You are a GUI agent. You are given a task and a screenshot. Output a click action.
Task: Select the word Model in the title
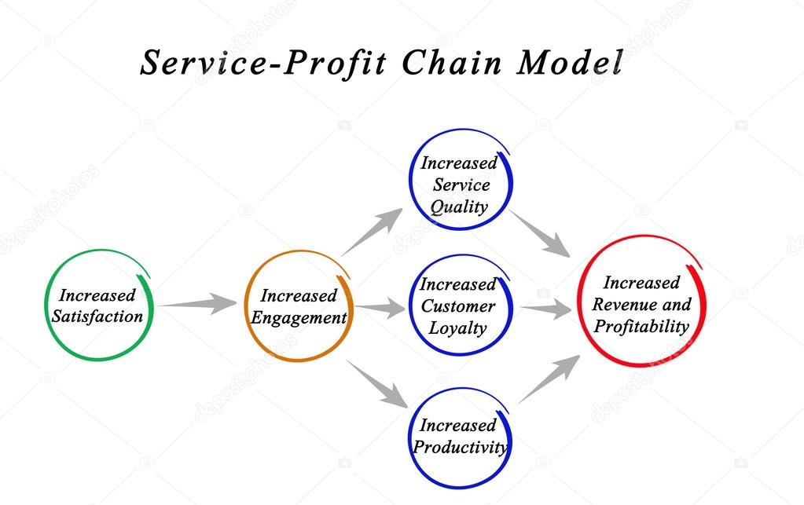[569, 63]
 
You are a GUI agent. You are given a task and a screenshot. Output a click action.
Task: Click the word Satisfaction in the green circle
[97, 317]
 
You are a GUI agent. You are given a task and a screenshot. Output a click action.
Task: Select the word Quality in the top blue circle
[458, 207]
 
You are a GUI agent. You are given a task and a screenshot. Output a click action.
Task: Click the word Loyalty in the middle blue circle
[457, 328]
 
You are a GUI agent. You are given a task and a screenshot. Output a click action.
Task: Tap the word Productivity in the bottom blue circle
[460, 448]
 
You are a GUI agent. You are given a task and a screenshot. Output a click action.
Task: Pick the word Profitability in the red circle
[641, 326]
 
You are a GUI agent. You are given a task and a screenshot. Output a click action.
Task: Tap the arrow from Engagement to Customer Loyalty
[380, 308]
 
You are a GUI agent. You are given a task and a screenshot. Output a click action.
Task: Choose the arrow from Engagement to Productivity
[376, 383]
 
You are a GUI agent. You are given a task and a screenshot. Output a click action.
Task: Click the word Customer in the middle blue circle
[457, 306]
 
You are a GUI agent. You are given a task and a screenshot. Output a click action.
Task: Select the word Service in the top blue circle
[461, 185]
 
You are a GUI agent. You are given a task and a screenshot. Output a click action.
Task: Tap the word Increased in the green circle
[97, 295]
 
